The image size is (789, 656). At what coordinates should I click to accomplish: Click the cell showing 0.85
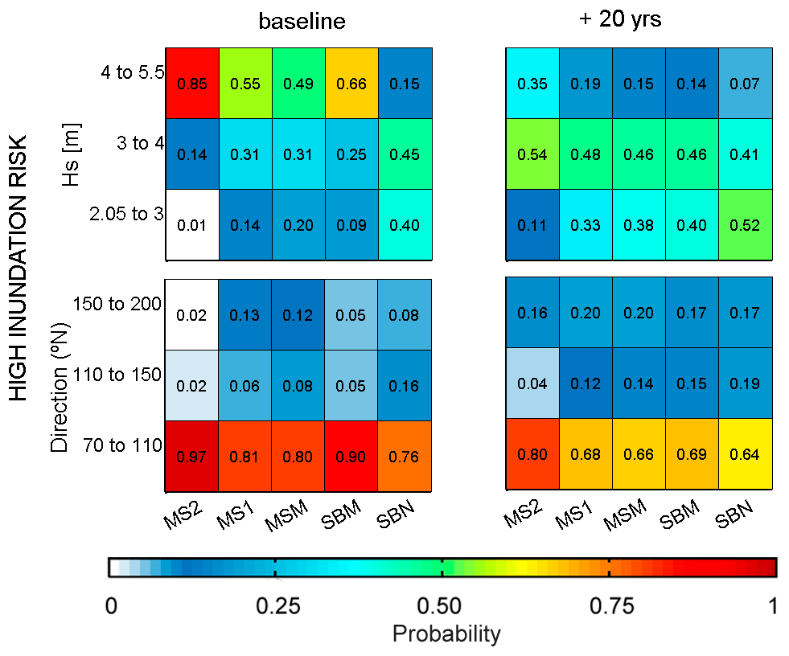coord(191,84)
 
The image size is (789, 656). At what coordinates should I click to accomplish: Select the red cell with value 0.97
coord(191,456)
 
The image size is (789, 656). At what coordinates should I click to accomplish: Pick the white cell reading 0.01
coord(191,226)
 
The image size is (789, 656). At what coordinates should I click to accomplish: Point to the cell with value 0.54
coord(532,154)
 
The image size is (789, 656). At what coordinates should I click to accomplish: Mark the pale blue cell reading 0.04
coord(532,384)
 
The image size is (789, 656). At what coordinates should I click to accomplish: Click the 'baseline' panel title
coord(302,22)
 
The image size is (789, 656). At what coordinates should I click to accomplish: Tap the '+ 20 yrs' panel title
coord(620,20)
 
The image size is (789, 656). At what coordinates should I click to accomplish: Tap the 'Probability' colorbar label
coord(446,634)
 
